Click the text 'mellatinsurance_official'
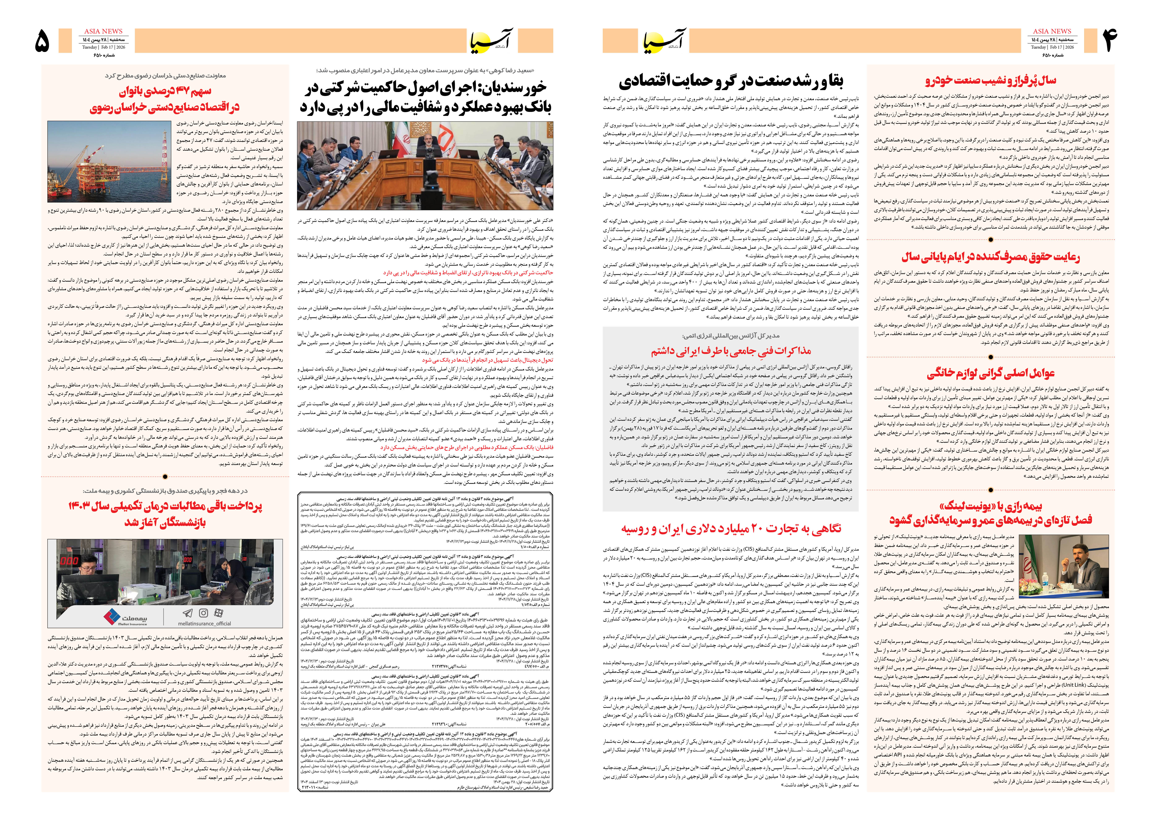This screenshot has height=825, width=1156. tap(204, 623)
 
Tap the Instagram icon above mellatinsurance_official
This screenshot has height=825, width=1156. tap(203, 613)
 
